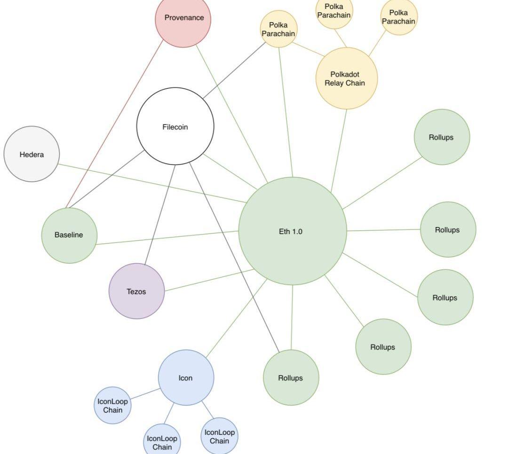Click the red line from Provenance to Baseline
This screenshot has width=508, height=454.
(116, 123)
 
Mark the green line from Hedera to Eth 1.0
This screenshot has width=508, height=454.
(151, 183)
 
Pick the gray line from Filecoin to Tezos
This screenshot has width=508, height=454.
(160, 214)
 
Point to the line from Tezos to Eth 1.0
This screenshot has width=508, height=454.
(209, 280)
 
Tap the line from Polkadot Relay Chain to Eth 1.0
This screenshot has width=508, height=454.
(339, 150)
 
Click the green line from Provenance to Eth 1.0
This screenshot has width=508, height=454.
(231, 114)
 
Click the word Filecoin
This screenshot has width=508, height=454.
(175, 127)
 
